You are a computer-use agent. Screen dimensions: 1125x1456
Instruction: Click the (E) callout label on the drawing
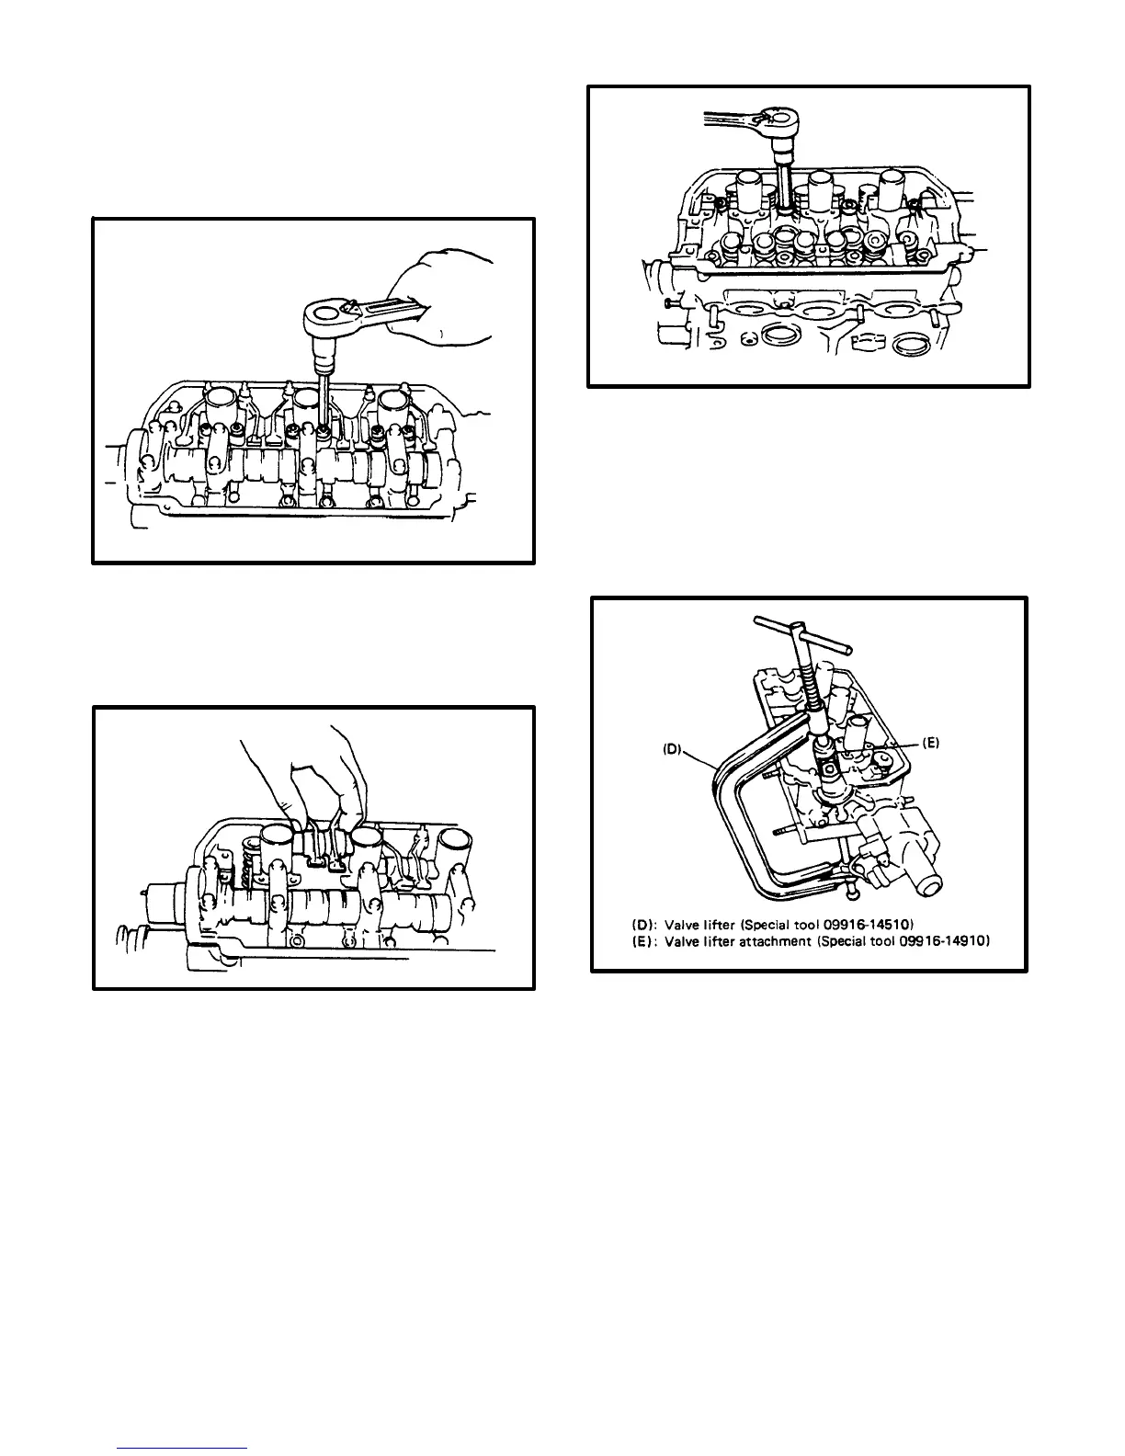point(929,744)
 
